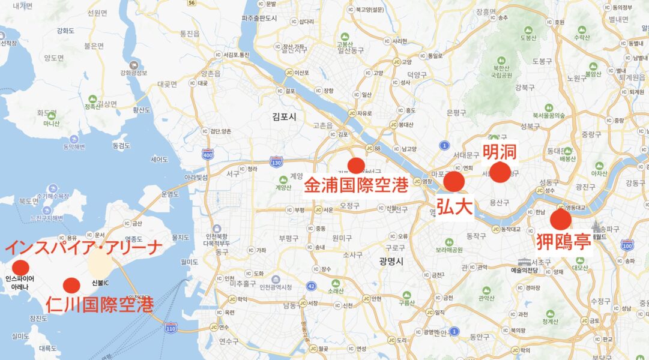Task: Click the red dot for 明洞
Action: tap(500, 172)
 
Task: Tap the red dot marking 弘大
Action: tap(454, 181)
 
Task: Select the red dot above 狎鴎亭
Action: tap(561, 220)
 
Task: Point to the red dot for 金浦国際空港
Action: tap(357, 165)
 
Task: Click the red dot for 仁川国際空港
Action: tap(71, 286)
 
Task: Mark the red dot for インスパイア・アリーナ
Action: tap(20, 268)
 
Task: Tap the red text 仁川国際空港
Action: tap(99, 304)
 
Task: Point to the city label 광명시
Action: tap(391, 261)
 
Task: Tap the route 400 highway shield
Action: tap(208, 154)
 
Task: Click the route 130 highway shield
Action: tap(276, 162)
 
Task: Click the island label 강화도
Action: tap(65, 31)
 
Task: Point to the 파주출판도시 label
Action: tap(259, 19)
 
